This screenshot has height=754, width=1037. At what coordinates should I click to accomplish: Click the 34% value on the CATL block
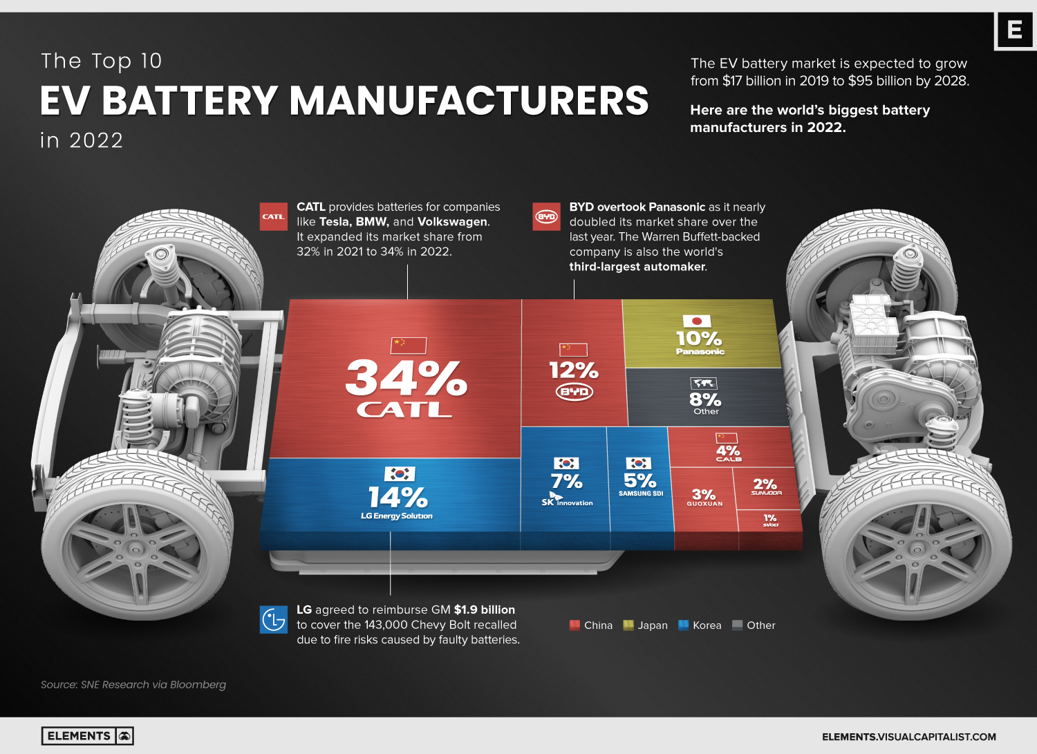407,379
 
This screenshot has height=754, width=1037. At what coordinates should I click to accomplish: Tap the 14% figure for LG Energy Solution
398,497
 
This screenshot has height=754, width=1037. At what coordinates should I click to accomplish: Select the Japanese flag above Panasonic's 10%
697,321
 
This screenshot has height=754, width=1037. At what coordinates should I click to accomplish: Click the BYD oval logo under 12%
574,392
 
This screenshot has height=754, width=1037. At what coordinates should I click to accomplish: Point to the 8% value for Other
705,399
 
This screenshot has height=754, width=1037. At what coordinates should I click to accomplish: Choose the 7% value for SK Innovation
566,481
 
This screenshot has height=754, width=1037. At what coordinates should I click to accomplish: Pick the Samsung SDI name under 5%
641,493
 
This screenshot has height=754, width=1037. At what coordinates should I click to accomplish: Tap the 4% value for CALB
728,450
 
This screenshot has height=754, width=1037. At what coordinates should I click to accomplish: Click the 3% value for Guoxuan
704,494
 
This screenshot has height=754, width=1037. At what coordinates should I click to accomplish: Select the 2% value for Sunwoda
765,484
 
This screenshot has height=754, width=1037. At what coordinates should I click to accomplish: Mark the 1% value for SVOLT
770,518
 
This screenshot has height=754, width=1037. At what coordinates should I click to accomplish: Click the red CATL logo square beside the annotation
273,216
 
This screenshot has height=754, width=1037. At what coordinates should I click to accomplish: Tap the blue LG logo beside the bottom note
273,619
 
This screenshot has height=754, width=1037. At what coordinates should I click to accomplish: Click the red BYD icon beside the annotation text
546,216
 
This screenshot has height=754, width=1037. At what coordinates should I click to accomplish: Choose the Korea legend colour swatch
684,625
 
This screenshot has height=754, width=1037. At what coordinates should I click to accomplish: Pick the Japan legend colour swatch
628,625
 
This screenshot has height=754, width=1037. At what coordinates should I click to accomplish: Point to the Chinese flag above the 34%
409,345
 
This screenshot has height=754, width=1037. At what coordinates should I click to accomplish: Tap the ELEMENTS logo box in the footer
87,736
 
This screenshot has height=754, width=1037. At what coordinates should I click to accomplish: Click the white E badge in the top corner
1014,30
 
